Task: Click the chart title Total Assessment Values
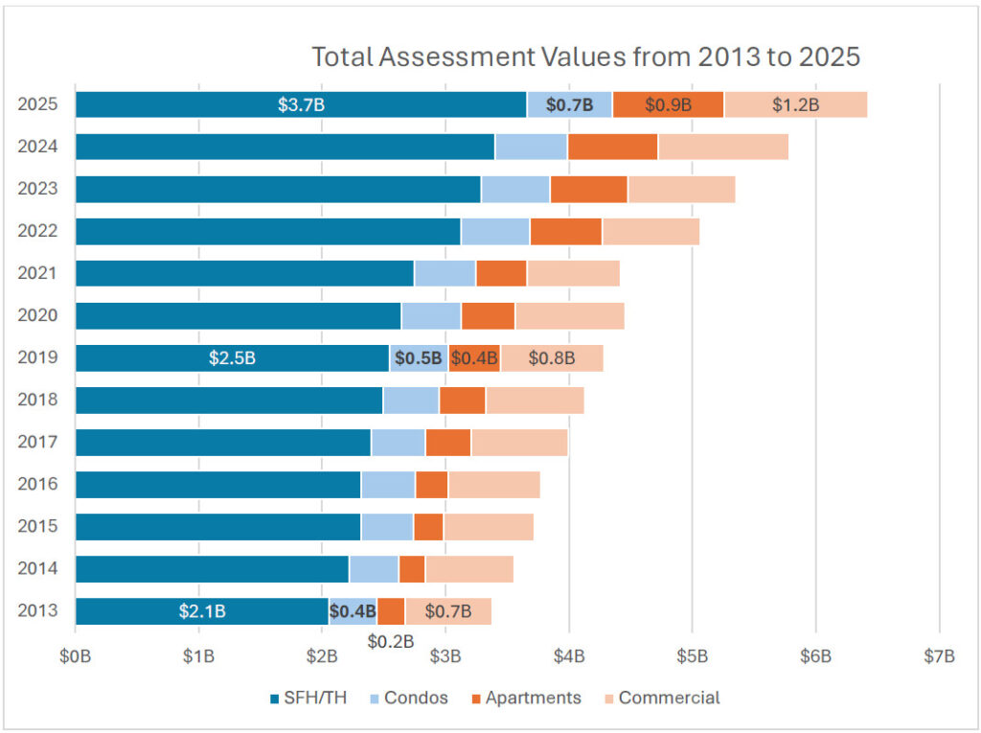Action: tap(585, 57)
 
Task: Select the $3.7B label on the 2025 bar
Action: tap(301, 104)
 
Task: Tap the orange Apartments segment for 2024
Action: tap(612, 147)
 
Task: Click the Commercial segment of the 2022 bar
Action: tap(650, 231)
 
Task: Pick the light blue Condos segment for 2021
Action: tap(445, 273)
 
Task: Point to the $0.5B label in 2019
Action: tap(419, 358)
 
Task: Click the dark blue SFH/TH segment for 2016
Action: tap(217, 484)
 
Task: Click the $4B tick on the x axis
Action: tap(569, 656)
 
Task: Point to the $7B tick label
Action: tap(939, 656)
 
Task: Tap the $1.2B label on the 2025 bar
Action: tap(795, 104)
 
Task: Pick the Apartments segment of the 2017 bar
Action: tap(447, 442)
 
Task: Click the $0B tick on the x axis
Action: tap(75, 656)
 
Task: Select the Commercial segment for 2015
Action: tap(488, 526)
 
